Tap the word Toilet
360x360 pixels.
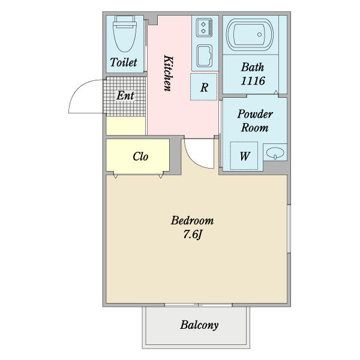coord(124,62)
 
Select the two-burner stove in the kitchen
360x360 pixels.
coord(204,28)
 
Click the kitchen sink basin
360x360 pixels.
coord(205,56)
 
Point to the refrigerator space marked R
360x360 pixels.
coord(203,87)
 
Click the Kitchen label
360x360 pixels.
coord(168,73)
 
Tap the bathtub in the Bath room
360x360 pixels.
coord(250,34)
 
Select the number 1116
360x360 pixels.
coord(253,80)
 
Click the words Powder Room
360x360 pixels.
coord(255,121)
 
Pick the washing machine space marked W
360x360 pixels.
coord(244,155)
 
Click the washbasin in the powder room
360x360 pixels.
coord(275,152)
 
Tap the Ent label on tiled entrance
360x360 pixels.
coord(125,95)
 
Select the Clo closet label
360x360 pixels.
coord(140,157)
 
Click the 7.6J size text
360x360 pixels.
coord(193,235)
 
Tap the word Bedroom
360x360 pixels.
coord(192,220)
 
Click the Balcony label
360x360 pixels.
coord(199,325)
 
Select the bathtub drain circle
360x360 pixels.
coord(259,34)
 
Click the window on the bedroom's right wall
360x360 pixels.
coord(289,229)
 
